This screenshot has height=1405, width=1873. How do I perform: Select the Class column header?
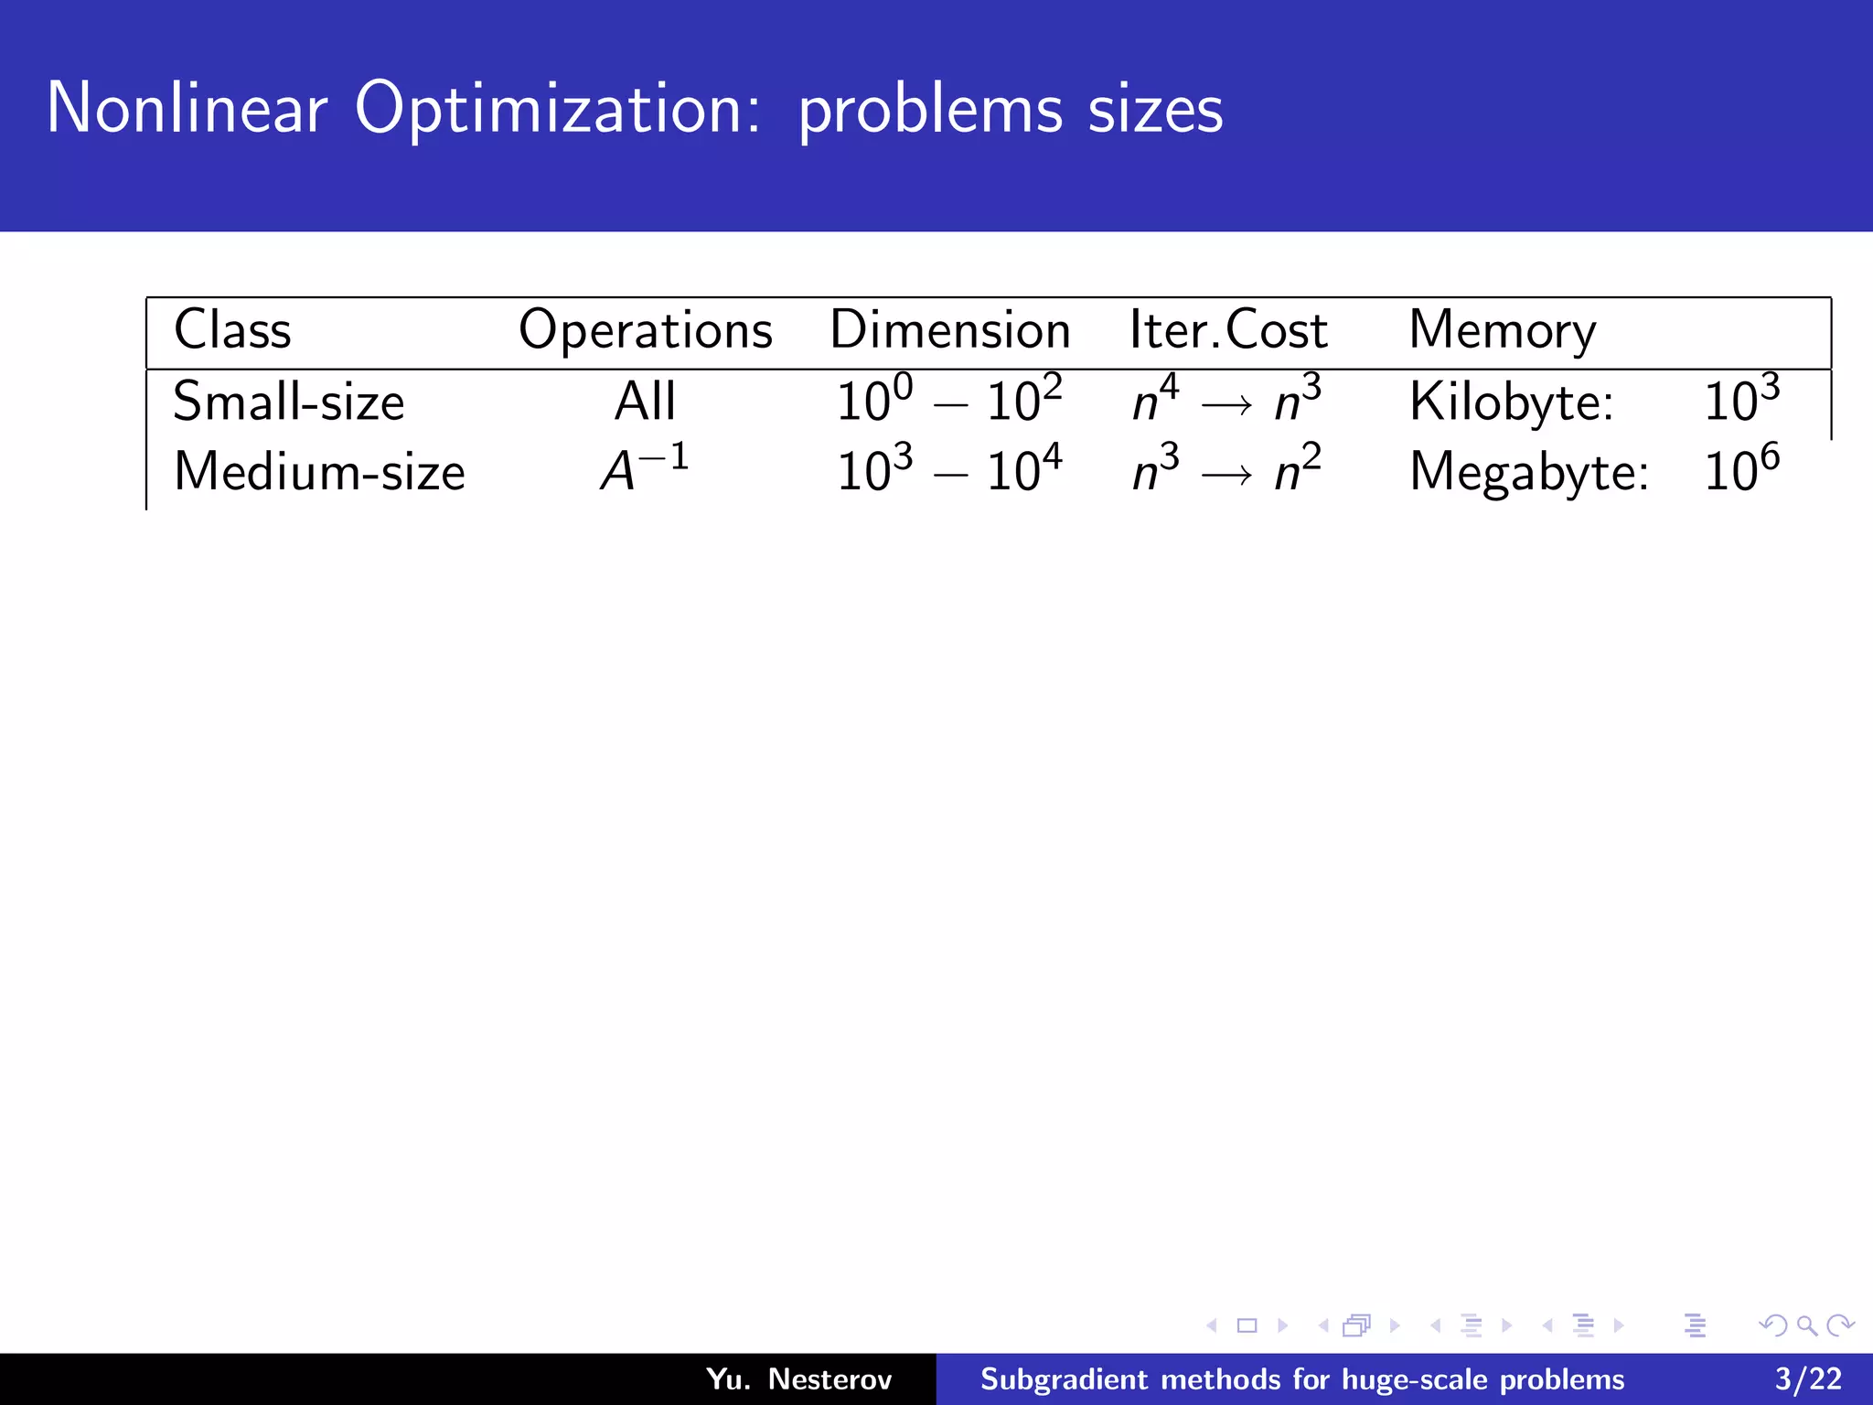coord(232,330)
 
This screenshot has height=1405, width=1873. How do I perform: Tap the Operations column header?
coord(645,330)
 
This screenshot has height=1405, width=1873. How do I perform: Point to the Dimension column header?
coord(949,330)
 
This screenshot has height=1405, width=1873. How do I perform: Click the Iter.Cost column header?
coord(1227,330)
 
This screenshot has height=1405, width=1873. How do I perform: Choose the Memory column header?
coord(1502,330)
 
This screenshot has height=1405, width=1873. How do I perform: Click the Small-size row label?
coord(288,402)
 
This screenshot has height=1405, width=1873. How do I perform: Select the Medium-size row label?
coord(319,473)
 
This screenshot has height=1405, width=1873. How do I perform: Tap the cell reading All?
coord(645,402)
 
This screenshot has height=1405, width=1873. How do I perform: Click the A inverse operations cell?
coord(644,470)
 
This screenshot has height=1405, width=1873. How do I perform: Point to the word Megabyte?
coord(1528,473)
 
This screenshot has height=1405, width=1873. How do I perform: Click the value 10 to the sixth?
coord(1741,470)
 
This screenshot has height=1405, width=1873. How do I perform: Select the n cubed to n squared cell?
coord(1226,470)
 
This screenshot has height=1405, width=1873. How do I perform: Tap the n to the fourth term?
coord(1155,399)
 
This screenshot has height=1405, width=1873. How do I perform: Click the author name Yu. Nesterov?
coord(798,1378)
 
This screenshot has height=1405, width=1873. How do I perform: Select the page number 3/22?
coord(1808,1378)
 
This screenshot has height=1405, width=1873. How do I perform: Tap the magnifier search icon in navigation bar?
coord(1806,1325)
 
